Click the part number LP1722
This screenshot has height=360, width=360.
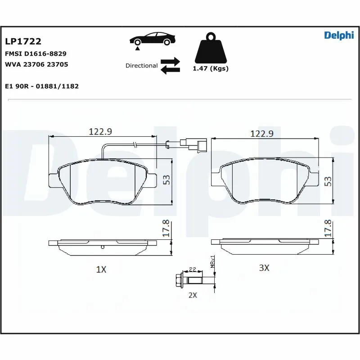click(23, 41)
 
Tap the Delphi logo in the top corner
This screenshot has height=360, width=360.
click(339, 36)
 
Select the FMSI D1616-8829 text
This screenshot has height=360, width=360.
click(36, 54)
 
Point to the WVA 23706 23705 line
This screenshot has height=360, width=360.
click(36, 64)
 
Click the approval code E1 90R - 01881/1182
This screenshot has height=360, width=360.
click(42, 86)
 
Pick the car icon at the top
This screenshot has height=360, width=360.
click(152, 39)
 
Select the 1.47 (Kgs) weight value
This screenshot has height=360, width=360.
click(211, 69)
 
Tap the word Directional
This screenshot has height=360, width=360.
click(141, 66)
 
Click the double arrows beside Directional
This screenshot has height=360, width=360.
click(170, 65)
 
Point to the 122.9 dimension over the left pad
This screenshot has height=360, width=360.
click(100, 131)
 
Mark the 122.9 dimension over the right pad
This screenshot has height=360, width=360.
click(262, 134)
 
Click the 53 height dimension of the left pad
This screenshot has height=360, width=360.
click(166, 180)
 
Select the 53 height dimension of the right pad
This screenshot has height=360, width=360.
click(328, 181)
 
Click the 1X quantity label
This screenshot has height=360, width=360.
click(101, 270)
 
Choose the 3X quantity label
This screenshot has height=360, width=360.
click(264, 268)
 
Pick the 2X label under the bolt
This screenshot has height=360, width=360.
click(193, 295)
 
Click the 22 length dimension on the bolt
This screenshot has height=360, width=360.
click(192, 270)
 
